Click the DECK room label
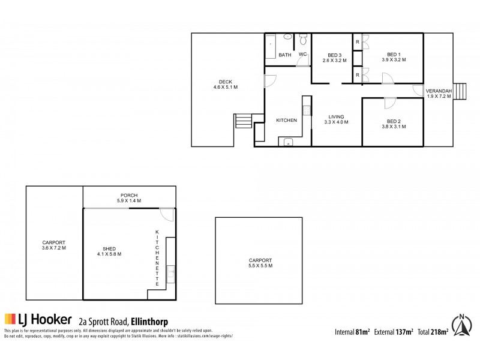tap(225, 82)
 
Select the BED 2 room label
tap(394, 121)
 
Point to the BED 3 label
tap(335, 55)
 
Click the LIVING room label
tap(336, 116)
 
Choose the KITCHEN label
tap(286, 121)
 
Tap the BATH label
tap(285, 55)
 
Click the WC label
tap(303, 55)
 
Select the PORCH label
tap(129, 195)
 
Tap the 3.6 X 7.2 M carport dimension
tap(54, 248)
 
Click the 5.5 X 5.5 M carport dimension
tap(260, 266)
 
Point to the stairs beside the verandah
tap(460, 91)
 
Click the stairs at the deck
tap(243, 121)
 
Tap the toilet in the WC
tap(303, 40)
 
